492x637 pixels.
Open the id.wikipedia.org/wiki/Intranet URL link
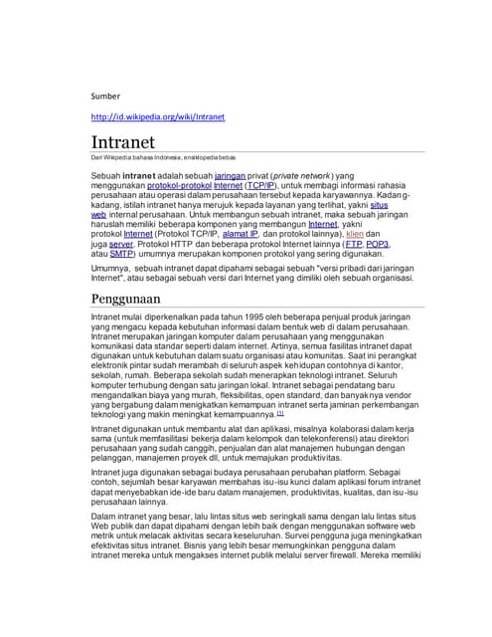click(x=157, y=117)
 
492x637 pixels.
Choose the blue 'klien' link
click(x=354, y=234)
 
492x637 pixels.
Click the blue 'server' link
click(x=120, y=244)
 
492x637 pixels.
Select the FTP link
click(x=353, y=244)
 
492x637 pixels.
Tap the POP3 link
click(x=378, y=244)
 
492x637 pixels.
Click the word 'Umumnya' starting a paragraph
click(x=110, y=269)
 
